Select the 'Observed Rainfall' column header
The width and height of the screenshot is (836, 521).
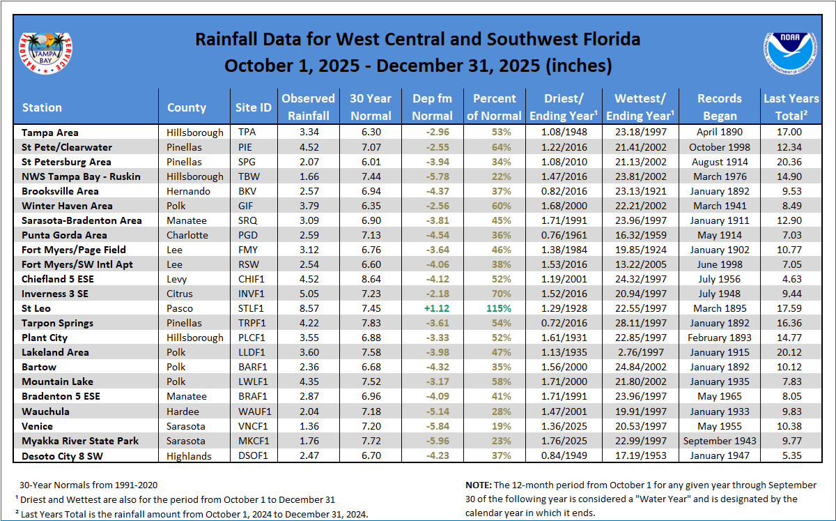(x=308, y=107)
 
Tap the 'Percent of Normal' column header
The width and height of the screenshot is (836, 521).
(x=494, y=107)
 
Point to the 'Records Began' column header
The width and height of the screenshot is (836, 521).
(x=720, y=107)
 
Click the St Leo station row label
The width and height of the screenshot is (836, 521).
(x=36, y=308)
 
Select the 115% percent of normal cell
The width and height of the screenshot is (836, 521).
(x=494, y=308)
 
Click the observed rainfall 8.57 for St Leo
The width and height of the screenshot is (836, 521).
(x=308, y=308)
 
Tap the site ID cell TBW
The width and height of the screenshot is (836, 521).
(x=247, y=176)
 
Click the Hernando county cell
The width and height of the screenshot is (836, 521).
(x=187, y=191)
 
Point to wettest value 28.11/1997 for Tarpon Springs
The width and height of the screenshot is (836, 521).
(x=640, y=323)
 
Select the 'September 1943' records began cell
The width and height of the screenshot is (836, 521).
(x=720, y=441)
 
